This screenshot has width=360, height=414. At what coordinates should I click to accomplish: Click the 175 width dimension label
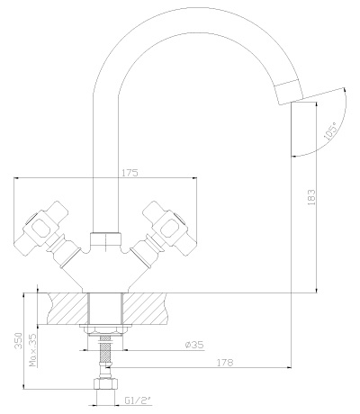pos(129,173)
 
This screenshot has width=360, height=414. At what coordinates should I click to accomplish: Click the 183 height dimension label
pos(312,197)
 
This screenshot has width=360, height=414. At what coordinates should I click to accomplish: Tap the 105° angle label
pos(330,132)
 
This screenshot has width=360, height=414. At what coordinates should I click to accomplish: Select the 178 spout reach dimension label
pos(225,363)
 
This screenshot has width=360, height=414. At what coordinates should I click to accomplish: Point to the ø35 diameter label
pos(194,345)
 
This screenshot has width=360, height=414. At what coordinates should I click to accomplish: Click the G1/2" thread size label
pos(137,400)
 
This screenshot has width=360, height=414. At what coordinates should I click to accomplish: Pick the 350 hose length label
pos(19,340)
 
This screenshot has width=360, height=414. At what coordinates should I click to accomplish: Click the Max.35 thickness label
pos(33,350)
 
